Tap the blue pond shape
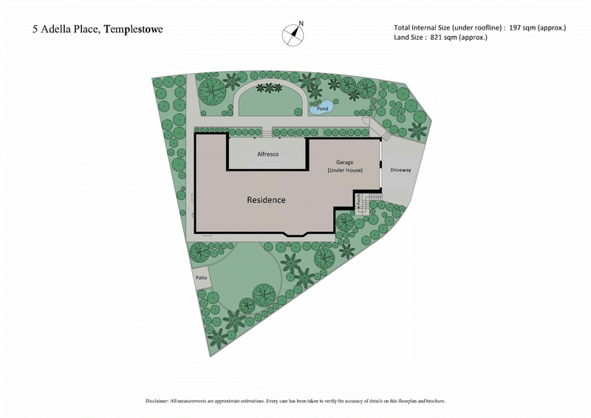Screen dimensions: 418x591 323,109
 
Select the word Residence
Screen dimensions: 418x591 266,200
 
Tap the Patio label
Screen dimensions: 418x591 201,278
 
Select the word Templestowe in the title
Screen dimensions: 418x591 134,30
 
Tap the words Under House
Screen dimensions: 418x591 345,171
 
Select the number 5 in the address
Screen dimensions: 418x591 35,30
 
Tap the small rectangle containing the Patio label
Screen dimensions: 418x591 201,278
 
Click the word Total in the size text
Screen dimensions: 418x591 405,27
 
